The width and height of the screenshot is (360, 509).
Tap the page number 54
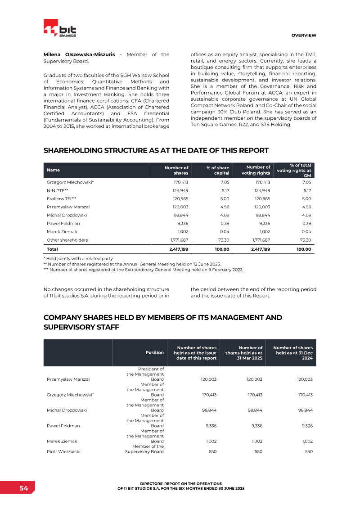23,488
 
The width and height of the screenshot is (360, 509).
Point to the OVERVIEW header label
303,35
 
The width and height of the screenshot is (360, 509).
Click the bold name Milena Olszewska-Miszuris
79,54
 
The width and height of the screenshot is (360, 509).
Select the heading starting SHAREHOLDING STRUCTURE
156,150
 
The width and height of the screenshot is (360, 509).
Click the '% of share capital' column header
218,170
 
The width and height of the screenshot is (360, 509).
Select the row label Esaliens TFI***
62,198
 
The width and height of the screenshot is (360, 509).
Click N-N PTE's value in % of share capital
224,190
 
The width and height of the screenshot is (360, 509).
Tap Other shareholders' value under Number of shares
179,240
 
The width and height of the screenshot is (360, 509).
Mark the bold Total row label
52,249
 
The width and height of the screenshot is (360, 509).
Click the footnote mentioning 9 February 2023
143,270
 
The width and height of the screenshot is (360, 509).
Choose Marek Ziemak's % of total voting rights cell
306,231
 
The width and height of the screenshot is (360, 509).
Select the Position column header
154,353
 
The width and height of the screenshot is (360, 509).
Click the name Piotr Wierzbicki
63,451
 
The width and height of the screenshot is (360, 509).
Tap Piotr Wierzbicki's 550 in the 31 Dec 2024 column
308,451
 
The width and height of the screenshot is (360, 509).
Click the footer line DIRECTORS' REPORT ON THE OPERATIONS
180,483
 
